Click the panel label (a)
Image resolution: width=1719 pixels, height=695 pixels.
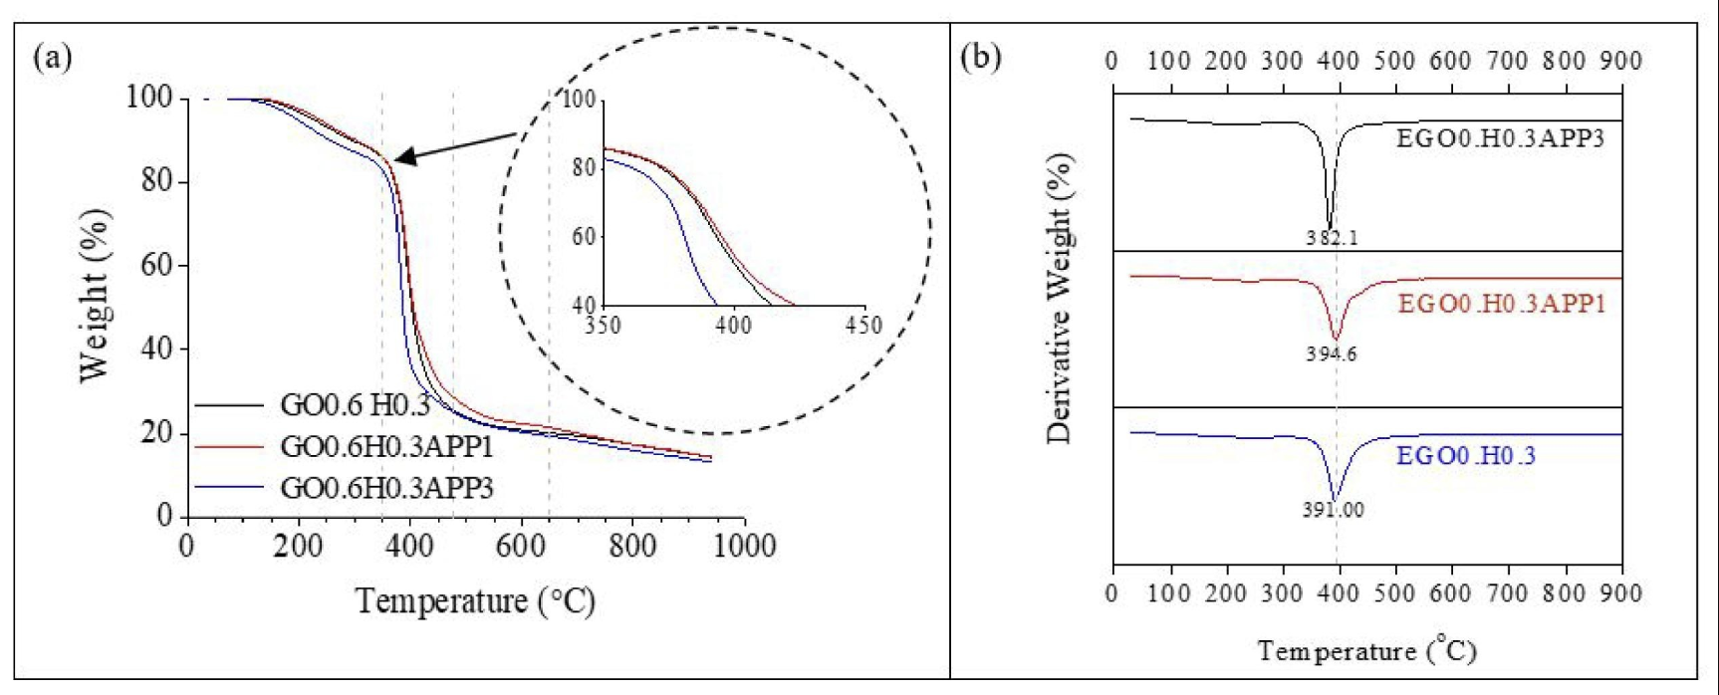tap(53, 57)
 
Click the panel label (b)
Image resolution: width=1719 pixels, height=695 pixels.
tap(981, 57)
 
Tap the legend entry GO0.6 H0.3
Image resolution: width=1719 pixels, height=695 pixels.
tap(355, 406)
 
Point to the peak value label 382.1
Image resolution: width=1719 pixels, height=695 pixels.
tap(1333, 239)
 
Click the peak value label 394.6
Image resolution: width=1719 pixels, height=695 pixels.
tap(1332, 353)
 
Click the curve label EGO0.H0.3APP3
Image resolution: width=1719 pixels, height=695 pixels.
tap(1500, 138)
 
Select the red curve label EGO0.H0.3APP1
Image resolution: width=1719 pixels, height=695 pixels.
tap(1501, 303)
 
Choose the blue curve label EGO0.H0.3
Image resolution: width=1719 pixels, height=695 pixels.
tap(1466, 457)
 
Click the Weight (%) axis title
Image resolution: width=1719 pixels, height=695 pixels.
tap(95, 294)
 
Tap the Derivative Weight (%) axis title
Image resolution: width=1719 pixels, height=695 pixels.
tap(1061, 299)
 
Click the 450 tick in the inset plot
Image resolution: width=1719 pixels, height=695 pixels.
tap(862, 326)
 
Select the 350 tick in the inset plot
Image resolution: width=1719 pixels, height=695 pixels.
tap(604, 326)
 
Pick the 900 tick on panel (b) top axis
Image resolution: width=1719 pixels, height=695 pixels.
tap(1620, 61)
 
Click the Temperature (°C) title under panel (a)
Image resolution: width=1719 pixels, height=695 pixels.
tap(475, 601)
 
